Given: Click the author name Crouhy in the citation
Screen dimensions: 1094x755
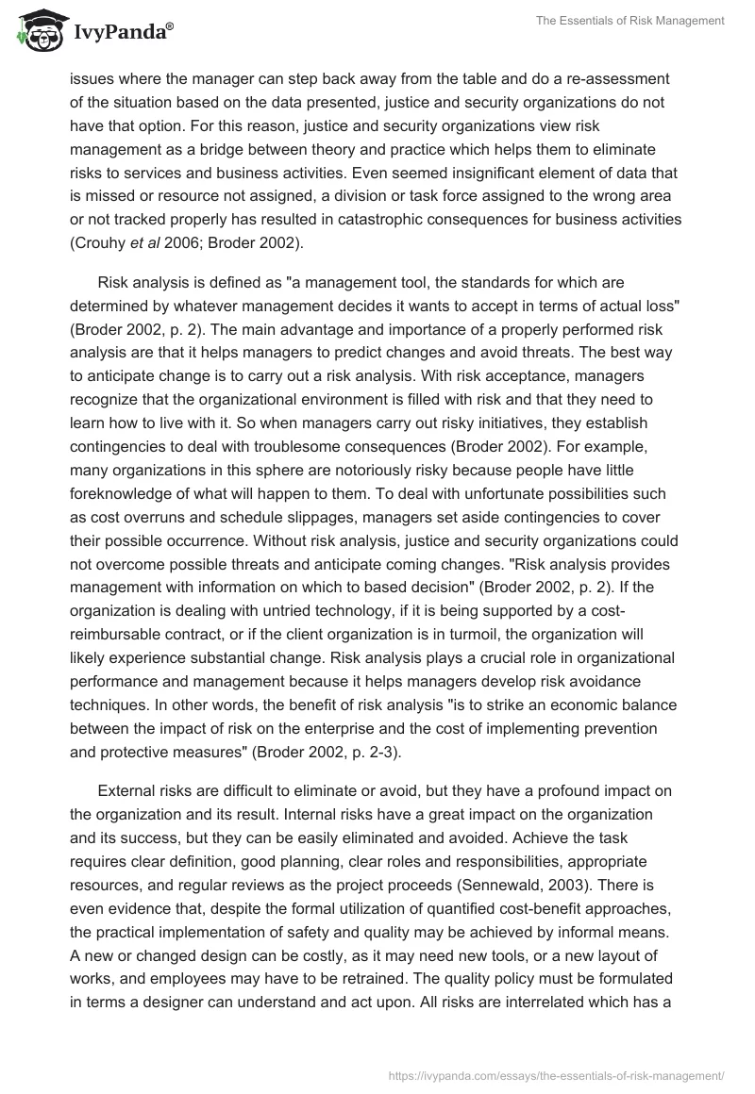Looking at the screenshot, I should pyautogui.click(x=101, y=241).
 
